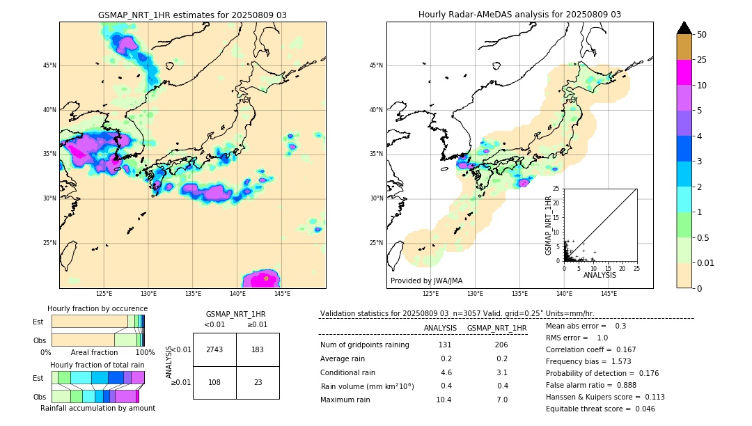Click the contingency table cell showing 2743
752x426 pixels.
[214, 349]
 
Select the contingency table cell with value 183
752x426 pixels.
[258, 349]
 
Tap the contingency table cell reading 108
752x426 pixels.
[214, 382]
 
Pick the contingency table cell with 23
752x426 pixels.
[258, 382]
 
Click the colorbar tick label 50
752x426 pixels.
[702, 34]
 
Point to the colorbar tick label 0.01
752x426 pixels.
[706, 262]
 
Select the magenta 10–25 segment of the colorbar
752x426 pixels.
[684, 72]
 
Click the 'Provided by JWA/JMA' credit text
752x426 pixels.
[426, 281]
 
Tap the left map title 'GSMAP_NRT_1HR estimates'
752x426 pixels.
[192, 15]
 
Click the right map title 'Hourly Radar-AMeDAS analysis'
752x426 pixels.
[519, 15]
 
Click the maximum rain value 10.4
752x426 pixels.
[444, 400]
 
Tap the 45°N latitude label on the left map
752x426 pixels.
[49, 65]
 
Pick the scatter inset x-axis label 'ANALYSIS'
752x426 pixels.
[600, 275]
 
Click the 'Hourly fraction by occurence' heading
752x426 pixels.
[97, 308]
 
